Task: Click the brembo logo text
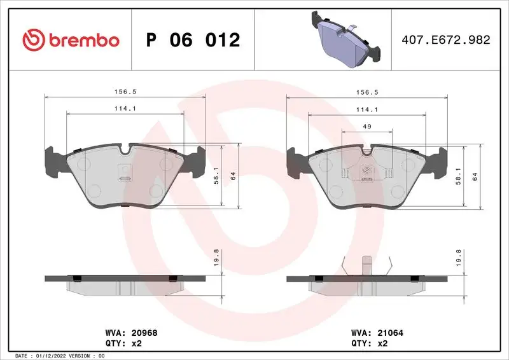(x=80, y=40)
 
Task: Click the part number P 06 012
(x=193, y=40)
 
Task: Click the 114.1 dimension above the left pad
(x=125, y=109)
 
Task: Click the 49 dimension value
(x=367, y=127)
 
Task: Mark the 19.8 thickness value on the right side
(x=459, y=256)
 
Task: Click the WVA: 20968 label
(x=122, y=332)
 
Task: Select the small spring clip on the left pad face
(x=125, y=177)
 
